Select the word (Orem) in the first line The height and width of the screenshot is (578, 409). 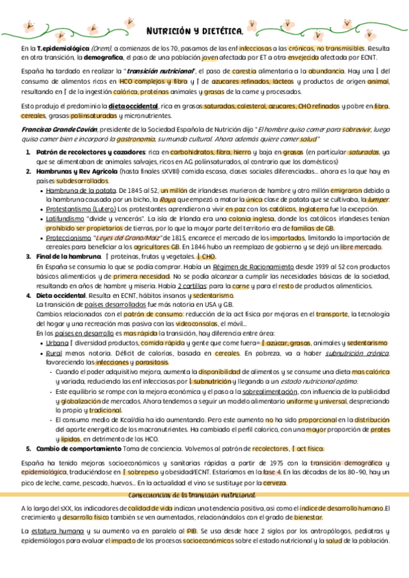[x=100, y=49]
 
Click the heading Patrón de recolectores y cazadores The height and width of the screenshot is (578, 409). [x=89, y=151]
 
